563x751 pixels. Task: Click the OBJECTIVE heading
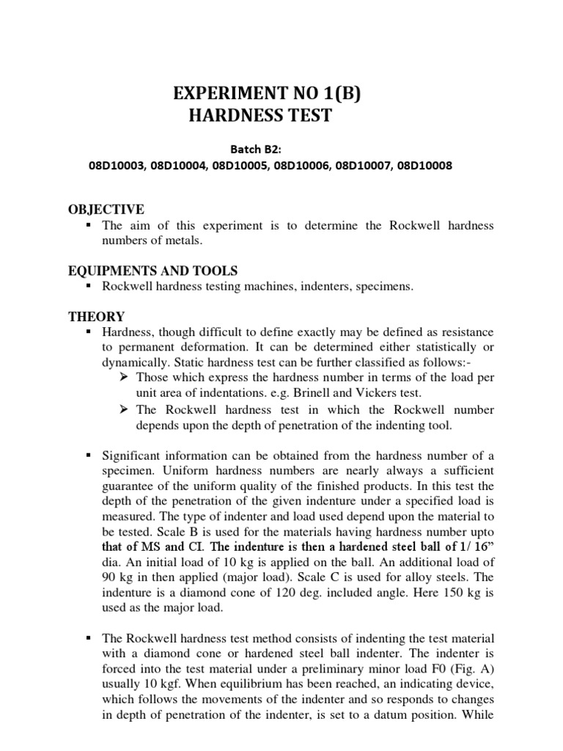click(106, 210)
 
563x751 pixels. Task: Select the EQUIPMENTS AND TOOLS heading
click(152, 271)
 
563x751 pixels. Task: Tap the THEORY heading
click(96, 317)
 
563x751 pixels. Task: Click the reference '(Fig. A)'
click(468, 670)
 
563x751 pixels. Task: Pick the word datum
click(408, 715)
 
